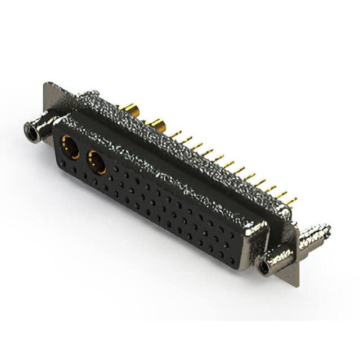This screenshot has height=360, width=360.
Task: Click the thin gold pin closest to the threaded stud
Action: click(x=290, y=199)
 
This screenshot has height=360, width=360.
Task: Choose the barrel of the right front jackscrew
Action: click(x=276, y=258)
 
